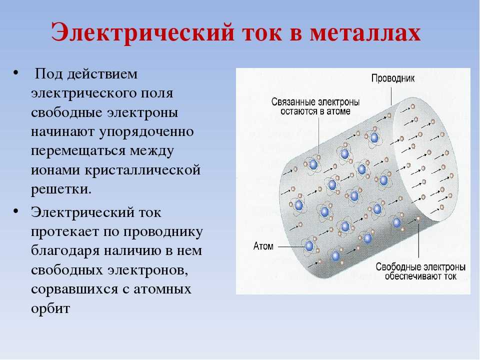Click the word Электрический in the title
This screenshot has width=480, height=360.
pyautogui.click(x=142, y=32)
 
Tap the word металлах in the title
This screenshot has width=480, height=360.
pyautogui.click(x=365, y=32)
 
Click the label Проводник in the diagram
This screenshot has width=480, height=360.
pyautogui.click(x=393, y=78)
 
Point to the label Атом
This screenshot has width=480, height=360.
pyautogui.click(x=263, y=246)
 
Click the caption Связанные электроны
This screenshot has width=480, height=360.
pyautogui.click(x=315, y=102)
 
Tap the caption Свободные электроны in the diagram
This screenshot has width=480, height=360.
pyautogui.click(x=420, y=267)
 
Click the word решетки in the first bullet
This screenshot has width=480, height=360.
pyautogui.click(x=61, y=189)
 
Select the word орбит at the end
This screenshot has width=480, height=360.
pyautogui.click(x=50, y=308)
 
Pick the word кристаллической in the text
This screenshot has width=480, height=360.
pyautogui.click(x=142, y=169)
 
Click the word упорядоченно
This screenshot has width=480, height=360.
pyautogui.click(x=146, y=132)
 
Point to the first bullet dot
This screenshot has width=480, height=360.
pyautogui.click(x=16, y=73)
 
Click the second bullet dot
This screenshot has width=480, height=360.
pyautogui.click(x=16, y=211)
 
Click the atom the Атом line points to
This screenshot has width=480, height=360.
pyautogui.click(x=309, y=246)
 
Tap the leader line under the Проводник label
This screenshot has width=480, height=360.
pyautogui.click(x=391, y=96)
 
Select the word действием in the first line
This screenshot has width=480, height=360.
pyautogui.click(x=102, y=74)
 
